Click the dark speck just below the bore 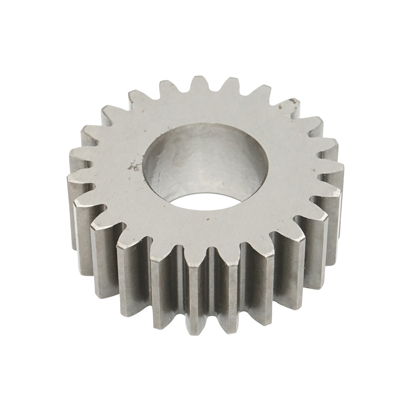pos(208,217)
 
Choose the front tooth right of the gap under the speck pos(228,259)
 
